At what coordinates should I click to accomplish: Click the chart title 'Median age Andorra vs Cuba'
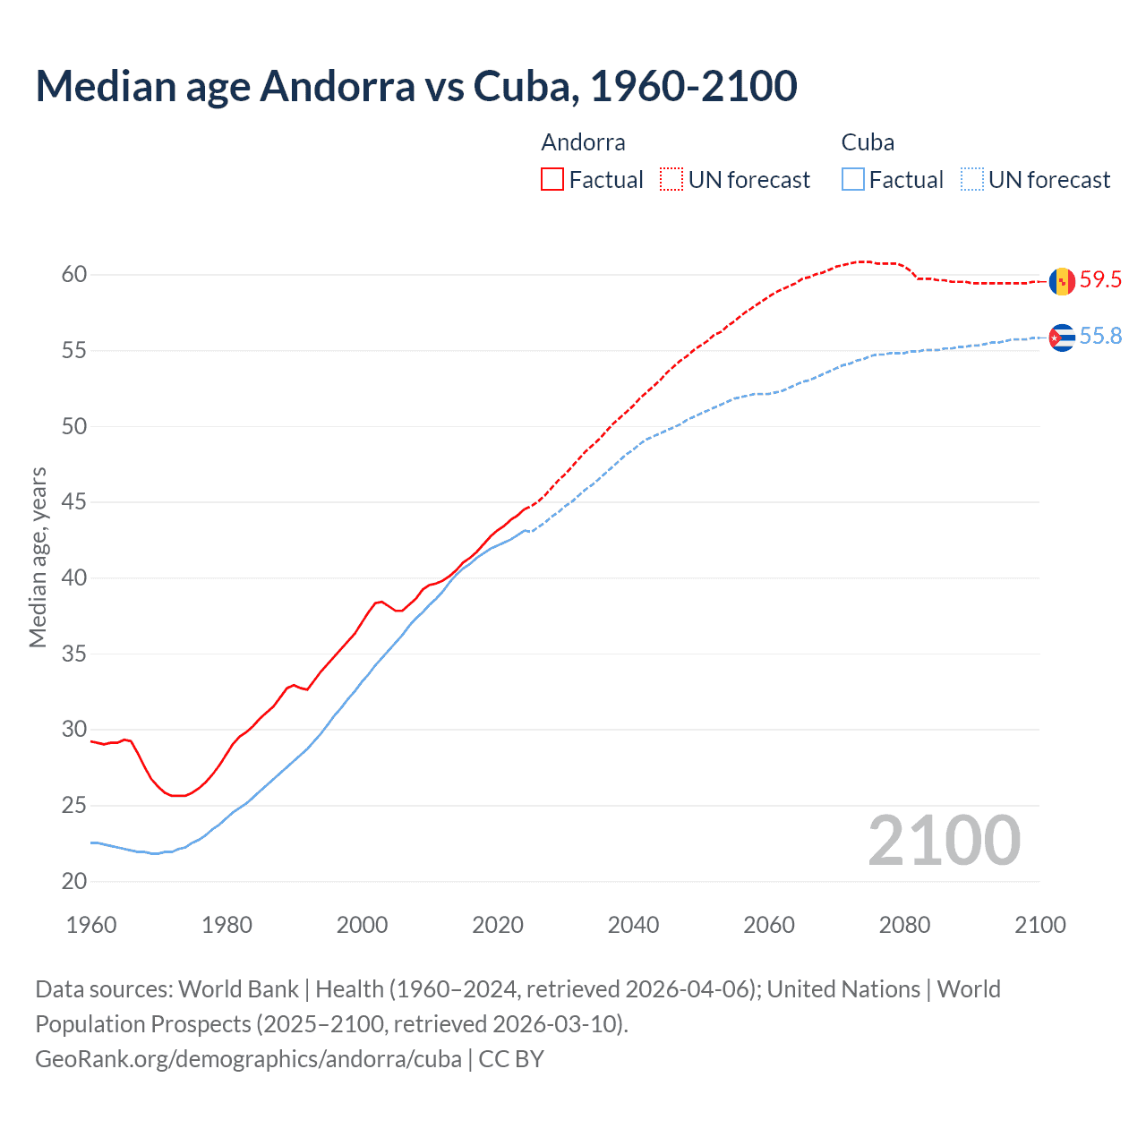415,86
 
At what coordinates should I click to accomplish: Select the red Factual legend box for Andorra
552,179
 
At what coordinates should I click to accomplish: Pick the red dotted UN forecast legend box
671,179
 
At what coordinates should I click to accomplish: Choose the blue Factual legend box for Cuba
853,179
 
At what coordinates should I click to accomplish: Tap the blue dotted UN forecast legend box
972,179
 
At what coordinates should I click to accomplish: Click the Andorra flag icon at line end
1062,281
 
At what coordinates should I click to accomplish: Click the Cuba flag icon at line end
1062,338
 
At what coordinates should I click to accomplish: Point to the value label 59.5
1100,280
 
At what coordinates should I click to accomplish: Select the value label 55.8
1100,337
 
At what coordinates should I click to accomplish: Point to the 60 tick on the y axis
74,275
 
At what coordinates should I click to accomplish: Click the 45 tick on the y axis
74,502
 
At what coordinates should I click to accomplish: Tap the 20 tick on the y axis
74,882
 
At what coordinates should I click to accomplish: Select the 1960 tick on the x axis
91,925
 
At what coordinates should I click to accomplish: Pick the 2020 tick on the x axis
498,925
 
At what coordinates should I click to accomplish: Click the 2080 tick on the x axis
904,925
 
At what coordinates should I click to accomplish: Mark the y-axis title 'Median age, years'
38,557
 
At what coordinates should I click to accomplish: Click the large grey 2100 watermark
944,841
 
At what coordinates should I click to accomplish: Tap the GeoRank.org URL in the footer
248,1059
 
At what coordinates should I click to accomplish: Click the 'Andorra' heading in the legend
583,142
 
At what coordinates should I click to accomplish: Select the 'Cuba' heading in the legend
868,142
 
